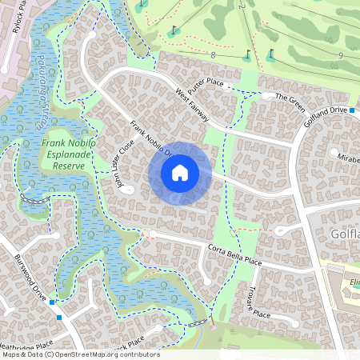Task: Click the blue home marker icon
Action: (x=180, y=173)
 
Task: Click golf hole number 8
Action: (x=214, y=55)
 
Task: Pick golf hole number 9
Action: (x=341, y=55)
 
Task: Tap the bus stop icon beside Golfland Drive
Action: (x=353, y=111)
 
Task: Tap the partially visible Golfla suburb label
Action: (x=344, y=234)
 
